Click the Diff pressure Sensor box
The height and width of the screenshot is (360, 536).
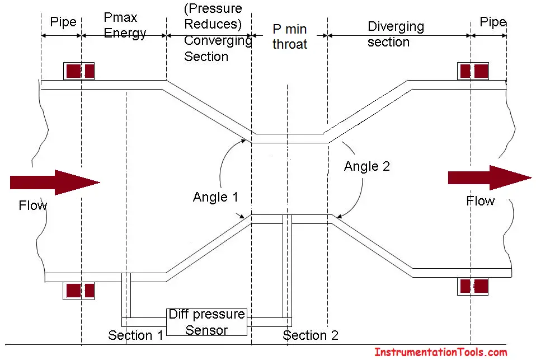206,322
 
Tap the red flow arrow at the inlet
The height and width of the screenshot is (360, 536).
55,183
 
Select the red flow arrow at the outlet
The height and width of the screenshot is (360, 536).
490,177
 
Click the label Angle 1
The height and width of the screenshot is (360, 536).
215,197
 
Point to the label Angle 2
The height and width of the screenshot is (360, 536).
367,166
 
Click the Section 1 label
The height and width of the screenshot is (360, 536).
135,335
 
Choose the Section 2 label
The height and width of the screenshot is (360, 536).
311,335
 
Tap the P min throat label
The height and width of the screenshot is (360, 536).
289,36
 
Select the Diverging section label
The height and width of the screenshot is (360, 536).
396,34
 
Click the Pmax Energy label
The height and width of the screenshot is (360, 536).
125,25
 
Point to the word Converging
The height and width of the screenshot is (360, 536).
218,40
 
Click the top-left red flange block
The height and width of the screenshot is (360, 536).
79,71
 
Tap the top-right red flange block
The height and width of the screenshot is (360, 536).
473,71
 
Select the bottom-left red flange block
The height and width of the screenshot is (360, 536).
79,291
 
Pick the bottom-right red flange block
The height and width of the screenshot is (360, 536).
473,287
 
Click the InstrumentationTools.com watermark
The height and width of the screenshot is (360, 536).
441,352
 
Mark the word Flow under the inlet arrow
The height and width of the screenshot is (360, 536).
33,205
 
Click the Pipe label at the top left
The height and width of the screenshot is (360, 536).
63,22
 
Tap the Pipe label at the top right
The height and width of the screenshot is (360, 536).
492,22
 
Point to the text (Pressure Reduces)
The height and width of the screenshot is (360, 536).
213,16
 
